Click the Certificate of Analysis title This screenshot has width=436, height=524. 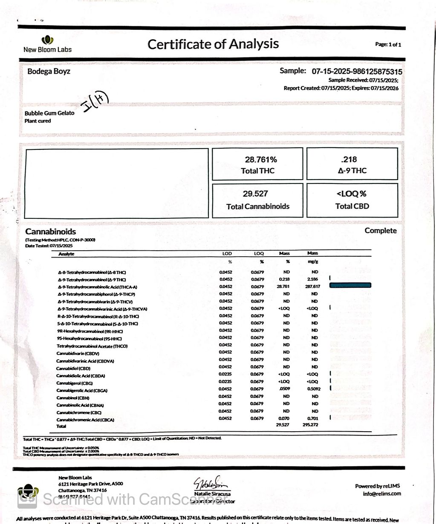[x=213, y=44]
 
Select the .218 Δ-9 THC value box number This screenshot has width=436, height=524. [x=349, y=160]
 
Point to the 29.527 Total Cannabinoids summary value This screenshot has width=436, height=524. [x=255, y=194]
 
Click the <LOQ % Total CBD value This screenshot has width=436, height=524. [x=352, y=194]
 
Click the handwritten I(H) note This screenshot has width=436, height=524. [x=95, y=103]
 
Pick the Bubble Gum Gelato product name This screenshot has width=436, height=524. [x=49, y=113]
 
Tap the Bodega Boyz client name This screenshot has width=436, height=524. [x=49, y=71]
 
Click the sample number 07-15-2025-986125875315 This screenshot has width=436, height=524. [x=357, y=72]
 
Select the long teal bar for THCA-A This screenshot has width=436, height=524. [x=350, y=285]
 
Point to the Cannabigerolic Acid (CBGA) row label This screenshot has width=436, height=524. [x=82, y=390]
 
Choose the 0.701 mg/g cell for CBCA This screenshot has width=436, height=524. [x=312, y=418]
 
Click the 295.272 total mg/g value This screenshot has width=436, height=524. [x=311, y=425]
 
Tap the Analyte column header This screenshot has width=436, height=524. [x=66, y=254]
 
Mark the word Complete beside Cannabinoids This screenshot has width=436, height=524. [x=381, y=230]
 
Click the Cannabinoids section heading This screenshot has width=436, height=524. [x=50, y=232]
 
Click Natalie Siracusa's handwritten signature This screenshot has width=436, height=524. [x=212, y=484]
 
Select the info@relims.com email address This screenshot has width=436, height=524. [x=381, y=494]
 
